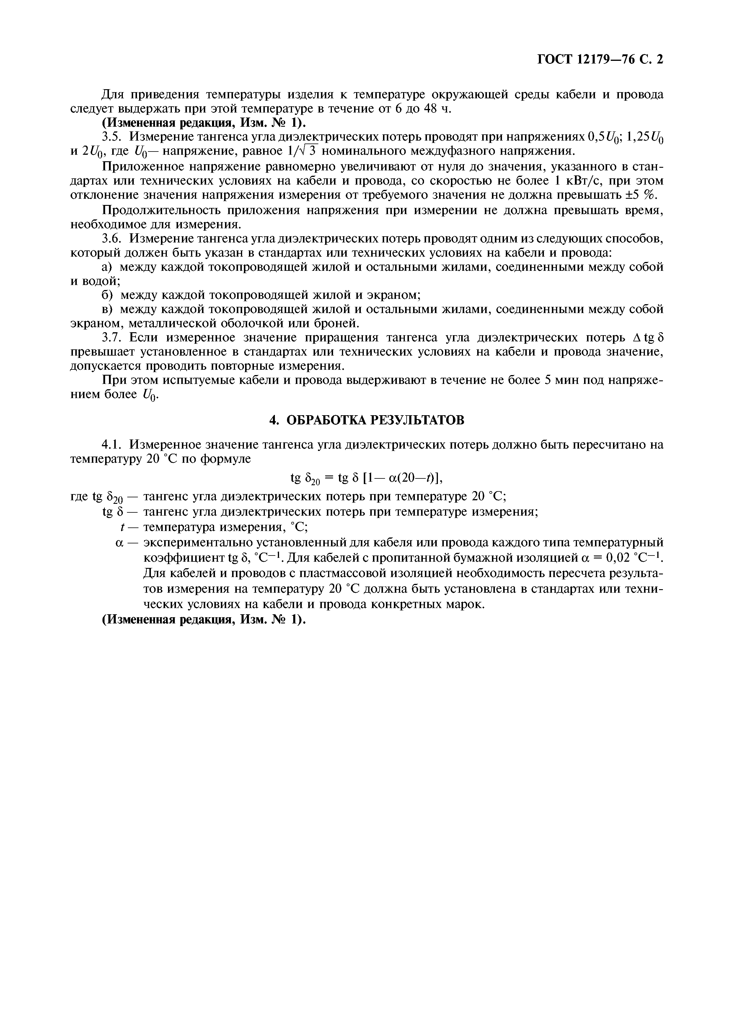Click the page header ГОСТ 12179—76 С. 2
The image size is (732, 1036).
600,60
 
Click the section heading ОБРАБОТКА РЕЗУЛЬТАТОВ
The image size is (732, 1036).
366,420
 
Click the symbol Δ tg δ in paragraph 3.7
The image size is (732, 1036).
648,338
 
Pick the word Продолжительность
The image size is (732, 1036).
156,210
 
